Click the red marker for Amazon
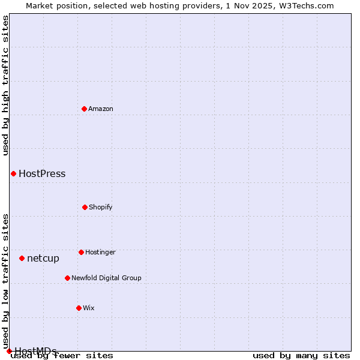pyautogui.click(x=84, y=109)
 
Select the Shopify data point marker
pyautogui.click(x=85, y=207)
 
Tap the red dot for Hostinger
pyautogui.click(x=81, y=252)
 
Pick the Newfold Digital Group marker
pyautogui.click(x=67, y=278)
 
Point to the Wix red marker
pyautogui.click(x=79, y=308)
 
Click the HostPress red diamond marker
pyautogui.click(x=13, y=173)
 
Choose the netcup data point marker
pyautogui.click(x=22, y=258)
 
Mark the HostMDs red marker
pyautogui.click(x=9, y=351)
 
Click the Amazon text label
pyautogui.click(x=101, y=109)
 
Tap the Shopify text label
pyautogui.click(x=101, y=207)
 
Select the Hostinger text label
pyautogui.click(x=100, y=252)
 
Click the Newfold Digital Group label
pyautogui.click(x=106, y=278)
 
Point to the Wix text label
pyautogui.click(x=89, y=308)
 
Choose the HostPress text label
pyautogui.click(x=42, y=174)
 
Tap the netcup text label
pyautogui.click(x=43, y=259)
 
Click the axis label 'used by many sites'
pyautogui.click(x=301, y=356)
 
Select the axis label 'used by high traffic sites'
pyautogui.click(x=5, y=85)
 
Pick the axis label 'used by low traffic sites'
pyautogui.click(x=5, y=281)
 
